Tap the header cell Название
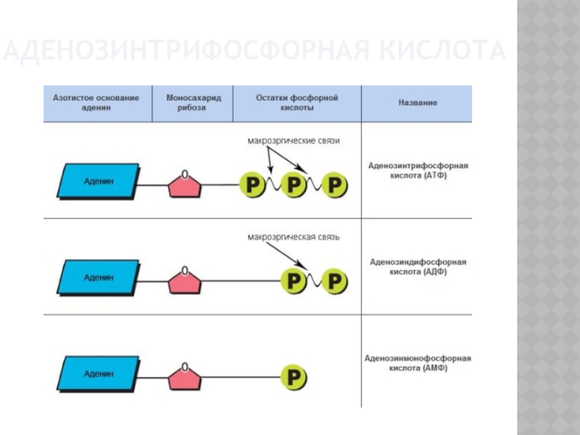click(x=417, y=103)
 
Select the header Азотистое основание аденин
click(x=96, y=102)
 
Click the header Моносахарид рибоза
click(x=192, y=102)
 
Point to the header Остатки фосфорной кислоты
click(x=297, y=102)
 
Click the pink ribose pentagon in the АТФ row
click(x=186, y=185)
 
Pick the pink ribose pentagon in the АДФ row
click(x=186, y=281)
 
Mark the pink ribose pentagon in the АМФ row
click(x=186, y=378)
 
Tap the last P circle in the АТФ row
click(x=334, y=186)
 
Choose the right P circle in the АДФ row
click(x=334, y=281)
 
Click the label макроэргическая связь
click(x=293, y=236)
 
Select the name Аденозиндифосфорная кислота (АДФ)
click(x=417, y=266)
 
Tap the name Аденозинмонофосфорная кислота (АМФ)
click(x=417, y=362)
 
